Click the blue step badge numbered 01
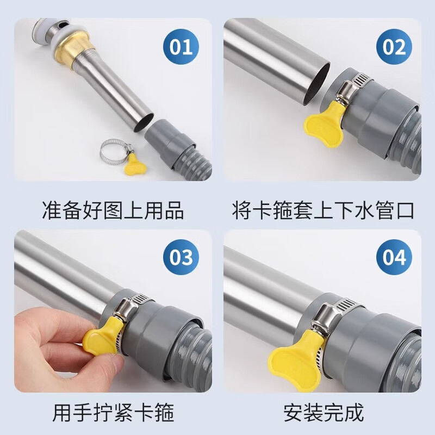[x=181, y=47]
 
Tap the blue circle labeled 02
[x=394, y=47]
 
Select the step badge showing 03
[x=181, y=257]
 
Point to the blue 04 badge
[x=394, y=257]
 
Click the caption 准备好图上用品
[x=113, y=210]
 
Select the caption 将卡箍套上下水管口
[x=323, y=210]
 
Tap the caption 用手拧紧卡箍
[x=113, y=413]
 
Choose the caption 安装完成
[x=323, y=413]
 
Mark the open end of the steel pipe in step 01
[x=143, y=122]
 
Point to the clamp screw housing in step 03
[x=126, y=308]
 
